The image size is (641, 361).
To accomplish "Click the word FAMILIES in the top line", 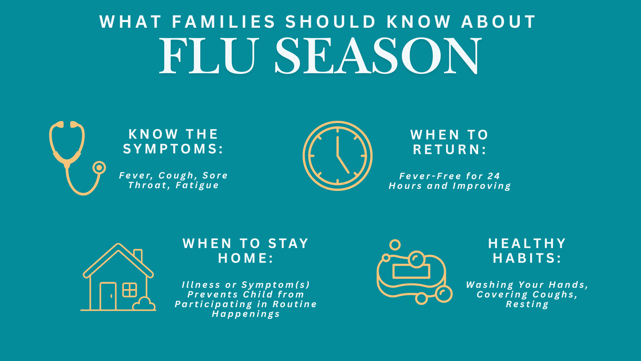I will [x=224, y=22].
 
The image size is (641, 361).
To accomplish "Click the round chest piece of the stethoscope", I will [x=99, y=167].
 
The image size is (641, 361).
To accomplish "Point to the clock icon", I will [x=338, y=156].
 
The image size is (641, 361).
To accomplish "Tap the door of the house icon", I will [x=108, y=296].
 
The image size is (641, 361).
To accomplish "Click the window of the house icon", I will [x=130, y=290].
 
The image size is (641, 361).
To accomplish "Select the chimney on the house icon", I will [x=138, y=255].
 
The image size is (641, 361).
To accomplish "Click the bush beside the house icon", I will [x=144, y=304].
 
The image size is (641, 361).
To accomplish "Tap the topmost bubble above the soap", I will [x=395, y=245].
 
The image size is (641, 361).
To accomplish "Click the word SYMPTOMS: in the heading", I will [x=173, y=149].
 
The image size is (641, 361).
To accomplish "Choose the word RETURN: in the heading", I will [x=450, y=150].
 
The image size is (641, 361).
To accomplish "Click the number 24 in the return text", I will [x=493, y=176].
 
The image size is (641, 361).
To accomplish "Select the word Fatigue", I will [x=197, y=185].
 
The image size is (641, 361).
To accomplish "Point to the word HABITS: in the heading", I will [x=527, y=258].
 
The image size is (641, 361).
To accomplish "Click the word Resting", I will [x=527, y=305].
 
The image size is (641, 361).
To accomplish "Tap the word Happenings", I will [x=246, y=314].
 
